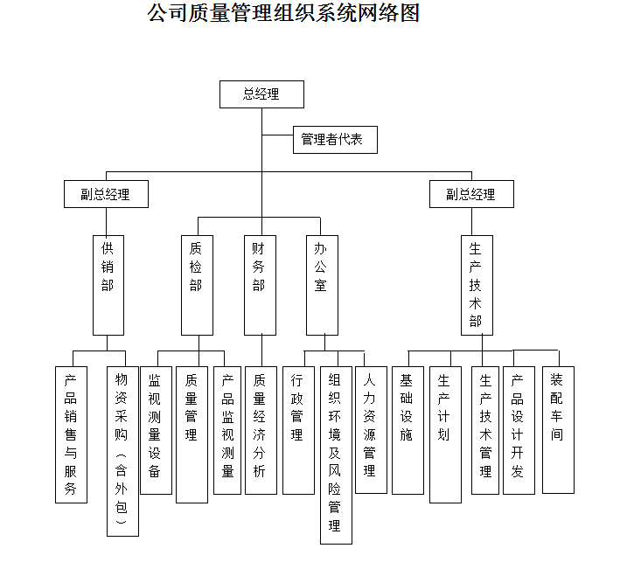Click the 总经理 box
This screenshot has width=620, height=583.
click(261, 94)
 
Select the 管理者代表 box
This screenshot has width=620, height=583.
click(335, 140)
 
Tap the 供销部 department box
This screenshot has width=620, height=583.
click(108, 285)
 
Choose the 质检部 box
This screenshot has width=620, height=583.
click(197, 285)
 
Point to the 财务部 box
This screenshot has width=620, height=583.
click(259, 285)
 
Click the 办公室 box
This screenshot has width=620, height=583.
click(322, 285)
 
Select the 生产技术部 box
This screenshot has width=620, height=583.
click(476, 285)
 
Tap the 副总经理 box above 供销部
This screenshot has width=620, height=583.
click(106, 194)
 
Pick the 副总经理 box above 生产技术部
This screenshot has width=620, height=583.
click(471, 194)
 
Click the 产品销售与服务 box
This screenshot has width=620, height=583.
click(71, 434)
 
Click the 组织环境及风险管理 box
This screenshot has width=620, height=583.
click(336, 455)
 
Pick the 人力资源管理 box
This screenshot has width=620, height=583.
click(371, 429)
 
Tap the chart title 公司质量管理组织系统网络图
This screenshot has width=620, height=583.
click(283, 14)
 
